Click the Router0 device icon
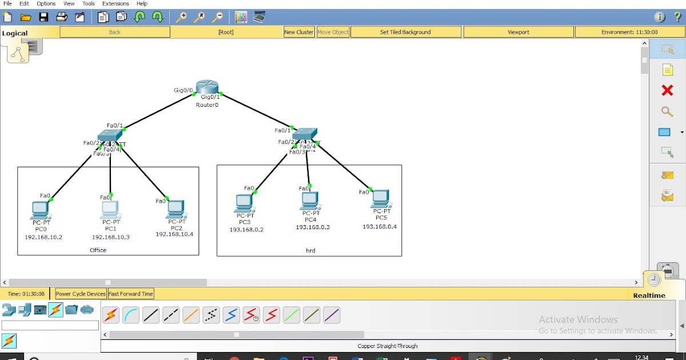207,89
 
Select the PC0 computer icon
41,210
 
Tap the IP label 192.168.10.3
111,237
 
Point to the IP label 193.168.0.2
246,230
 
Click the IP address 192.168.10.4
174,234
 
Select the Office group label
98,250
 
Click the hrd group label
310,250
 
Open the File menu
7,3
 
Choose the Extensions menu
115,3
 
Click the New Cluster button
299,32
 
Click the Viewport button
519,32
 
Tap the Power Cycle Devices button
81,294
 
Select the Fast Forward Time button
131,294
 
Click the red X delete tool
667,90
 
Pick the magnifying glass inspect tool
667,111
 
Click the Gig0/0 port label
184,90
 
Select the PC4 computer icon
310,201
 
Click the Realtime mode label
649,295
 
